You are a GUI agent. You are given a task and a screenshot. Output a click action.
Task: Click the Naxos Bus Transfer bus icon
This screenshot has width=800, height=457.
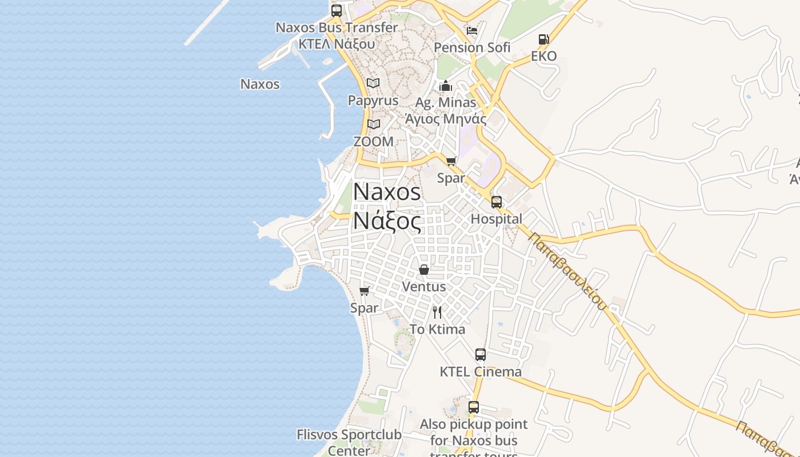pyautogui.click(x=337, y=10)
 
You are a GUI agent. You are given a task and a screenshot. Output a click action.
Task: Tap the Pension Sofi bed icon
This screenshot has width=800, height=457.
pyautogui.click(x=472, y=30)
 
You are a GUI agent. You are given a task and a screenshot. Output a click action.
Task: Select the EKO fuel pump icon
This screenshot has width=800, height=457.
pyautogui.click(x=543, y=39)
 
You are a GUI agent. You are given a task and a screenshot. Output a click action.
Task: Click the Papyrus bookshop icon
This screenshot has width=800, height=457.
pyautogui.click(x=373, y=83)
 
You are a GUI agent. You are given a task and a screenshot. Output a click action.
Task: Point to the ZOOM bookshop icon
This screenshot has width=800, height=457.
pyautogui.click(x=374, y=124)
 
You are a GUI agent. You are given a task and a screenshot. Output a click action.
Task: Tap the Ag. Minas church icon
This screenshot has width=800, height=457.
pyautogui.click(x=446, y=86)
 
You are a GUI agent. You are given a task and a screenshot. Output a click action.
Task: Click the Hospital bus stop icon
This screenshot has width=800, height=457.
pyautogui.click(x=497, y=202)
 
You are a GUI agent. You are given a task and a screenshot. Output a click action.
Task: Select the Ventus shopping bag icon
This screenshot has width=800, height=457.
pyautogui.click(x=424, y=269)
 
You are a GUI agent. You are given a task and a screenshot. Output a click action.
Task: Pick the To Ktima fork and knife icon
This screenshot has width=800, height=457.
pyautogui.click(x=437, y=312)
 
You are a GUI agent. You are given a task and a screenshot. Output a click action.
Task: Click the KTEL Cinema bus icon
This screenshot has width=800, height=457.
pyautogui.click(x=481, y=355)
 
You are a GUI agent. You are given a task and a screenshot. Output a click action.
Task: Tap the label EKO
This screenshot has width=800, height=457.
pyautogui.click(x=543, y=56)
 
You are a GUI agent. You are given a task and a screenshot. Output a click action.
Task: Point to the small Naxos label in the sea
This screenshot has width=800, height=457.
pyautogui.click(x=260, y=84)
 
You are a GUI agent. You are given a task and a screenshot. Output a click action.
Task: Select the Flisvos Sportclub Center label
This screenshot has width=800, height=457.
pyautogui.click(x=349, y=442)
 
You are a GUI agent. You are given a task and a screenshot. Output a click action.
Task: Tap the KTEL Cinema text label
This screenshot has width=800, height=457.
pyautogui.click(x=481, y=372)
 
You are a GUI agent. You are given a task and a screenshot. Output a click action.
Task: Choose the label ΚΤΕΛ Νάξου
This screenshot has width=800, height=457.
pyautogui.click(x=337, y=43)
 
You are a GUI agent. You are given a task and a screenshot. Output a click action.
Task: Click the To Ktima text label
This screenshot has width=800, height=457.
pyautogui.click(x=437, y=330)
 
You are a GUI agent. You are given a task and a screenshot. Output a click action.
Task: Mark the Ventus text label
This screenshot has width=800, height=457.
pyautogui.click(x=424, y=286)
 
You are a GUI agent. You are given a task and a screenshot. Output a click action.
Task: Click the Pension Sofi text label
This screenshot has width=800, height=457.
pyautogui.click(x=472, y=47)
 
